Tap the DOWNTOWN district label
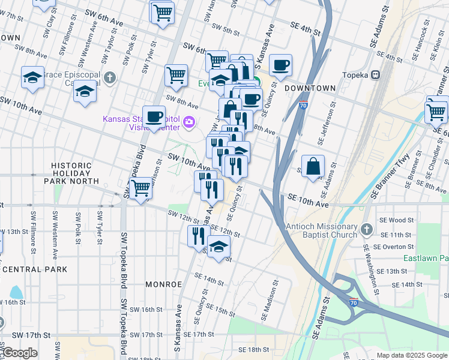tap(310, 88)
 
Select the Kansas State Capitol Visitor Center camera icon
tap(190, 123)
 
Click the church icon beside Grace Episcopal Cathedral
tap(109, 77)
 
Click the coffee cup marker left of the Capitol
tap(154, 116)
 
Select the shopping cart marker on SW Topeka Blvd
tap(141, 188)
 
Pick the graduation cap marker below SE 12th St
tap(219, 247)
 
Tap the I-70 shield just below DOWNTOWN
tap(303, 105)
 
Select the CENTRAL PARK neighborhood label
tap(34, 269)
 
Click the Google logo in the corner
tap(19, 353)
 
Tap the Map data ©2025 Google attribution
tap(411, 355)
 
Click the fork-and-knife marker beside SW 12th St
tap(198, 236)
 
